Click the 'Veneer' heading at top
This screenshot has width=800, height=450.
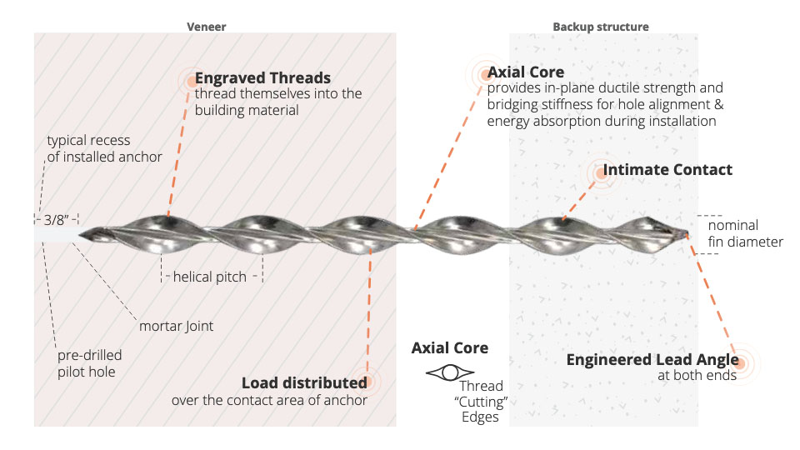[205, 27]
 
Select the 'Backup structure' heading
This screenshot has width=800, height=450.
[600, 27]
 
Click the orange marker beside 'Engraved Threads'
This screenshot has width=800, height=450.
[192, 81]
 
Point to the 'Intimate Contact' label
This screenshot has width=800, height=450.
[667, 170]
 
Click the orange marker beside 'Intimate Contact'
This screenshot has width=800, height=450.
[599, 172]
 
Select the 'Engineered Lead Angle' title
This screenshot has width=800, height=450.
[652, 360]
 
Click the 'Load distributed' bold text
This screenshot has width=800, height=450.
[304, 383]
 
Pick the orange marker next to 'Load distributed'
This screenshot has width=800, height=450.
[362, 382]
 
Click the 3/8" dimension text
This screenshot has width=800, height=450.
[55, 220]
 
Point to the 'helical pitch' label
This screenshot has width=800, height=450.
[210, 277]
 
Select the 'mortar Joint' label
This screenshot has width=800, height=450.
[176, 326]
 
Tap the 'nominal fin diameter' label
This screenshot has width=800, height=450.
[745, 233]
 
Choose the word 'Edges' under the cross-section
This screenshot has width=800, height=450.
[479, 417]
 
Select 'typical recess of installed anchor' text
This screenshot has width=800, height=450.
[104, 148]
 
